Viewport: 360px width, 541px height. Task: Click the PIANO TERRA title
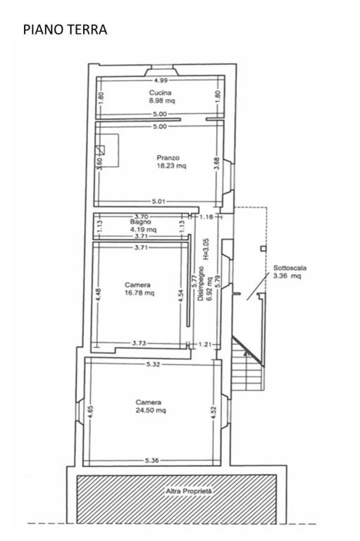pyautogui.click(x=65, y=30)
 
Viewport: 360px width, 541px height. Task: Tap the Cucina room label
pyautogui.click(x=160, y=92)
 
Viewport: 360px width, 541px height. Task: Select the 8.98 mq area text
pyautogui.click(x=162, y=101)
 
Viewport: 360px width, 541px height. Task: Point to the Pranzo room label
pyautogui.click(x=168, y=158)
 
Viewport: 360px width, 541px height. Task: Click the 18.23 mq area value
pyautogui.click(x=171, y=166)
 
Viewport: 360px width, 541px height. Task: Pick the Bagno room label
pyautogui.click(x=140, y=222)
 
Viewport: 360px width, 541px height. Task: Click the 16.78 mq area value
pyautogui.click(x=139, y=293)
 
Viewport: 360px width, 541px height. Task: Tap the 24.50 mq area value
pyautogui.click(x=151, y=410)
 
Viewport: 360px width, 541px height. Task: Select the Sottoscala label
pyautogui.click(x=290, y=268)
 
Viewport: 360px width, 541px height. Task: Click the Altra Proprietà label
pyautogui.click(x=189, y=490)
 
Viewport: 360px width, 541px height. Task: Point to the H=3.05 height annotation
pyautogui.click(x=206, y=249)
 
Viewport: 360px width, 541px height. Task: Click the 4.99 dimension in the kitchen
pyautogui.click(x=161, y=80)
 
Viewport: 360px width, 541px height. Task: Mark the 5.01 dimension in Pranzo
pyautogui.click(x=159, y=201)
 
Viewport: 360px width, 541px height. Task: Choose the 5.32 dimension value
pyautogui.click(x=153, y=364)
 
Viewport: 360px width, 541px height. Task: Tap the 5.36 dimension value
pyautogui.click(x=152, y=460)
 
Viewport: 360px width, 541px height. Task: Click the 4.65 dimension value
pyautogui.click(x=90, y=412)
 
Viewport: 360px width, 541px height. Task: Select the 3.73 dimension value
pyautogui.click(x=139, y=343)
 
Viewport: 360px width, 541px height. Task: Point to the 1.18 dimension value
pyautogui.click(x=206, y=217)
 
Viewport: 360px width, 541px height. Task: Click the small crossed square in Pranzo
pyautogui.click(x=100, y=150)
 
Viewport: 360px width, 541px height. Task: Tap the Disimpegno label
pyautogui.click(x=201, y=283)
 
